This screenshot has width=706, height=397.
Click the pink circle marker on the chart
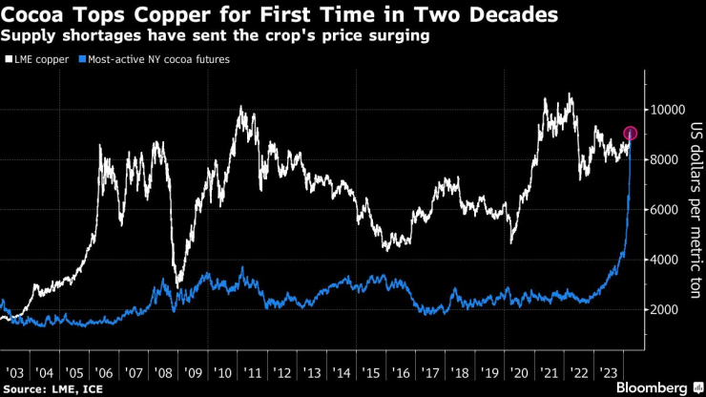(630, 134)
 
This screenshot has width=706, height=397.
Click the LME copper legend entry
(38, 59)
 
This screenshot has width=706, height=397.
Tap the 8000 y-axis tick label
(662, 160)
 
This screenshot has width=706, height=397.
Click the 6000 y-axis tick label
(662, 210)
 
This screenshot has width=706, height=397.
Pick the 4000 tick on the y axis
(662, 260)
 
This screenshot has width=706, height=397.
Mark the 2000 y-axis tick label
(662, 310)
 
